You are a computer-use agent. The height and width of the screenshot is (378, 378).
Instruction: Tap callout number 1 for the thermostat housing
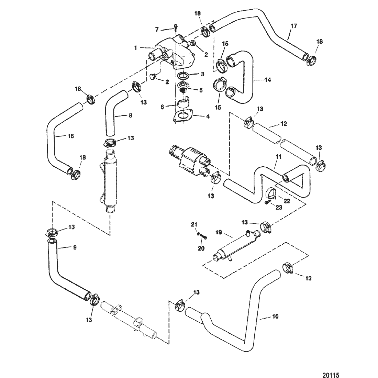coord(136,48)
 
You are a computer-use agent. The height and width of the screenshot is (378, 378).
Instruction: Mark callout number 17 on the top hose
coord(293,26)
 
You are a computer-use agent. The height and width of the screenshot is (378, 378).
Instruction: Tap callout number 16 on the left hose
coord(71,136)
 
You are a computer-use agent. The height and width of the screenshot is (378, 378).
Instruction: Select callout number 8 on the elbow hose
coord(130,116)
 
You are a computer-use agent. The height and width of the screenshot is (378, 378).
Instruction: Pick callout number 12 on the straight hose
coord(283,124)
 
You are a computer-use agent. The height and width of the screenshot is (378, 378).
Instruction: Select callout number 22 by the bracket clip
coord(287,201)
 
